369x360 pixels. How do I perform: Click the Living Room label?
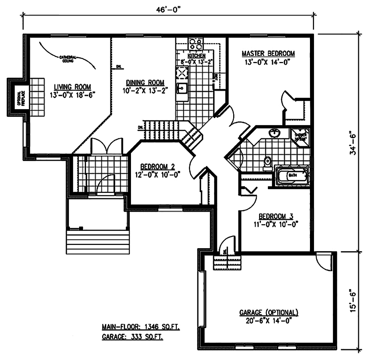[x=72, y=87]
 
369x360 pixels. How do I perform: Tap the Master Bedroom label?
[x=268, y=54]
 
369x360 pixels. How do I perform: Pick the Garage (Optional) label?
[x=269, y=312]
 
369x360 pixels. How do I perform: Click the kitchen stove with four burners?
[x=195, y=44]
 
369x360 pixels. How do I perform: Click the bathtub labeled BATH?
[x=292, y=175]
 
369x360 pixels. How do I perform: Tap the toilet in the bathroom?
[x=268, y=161]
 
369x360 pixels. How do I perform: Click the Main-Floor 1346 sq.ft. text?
[x=141, y=327]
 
